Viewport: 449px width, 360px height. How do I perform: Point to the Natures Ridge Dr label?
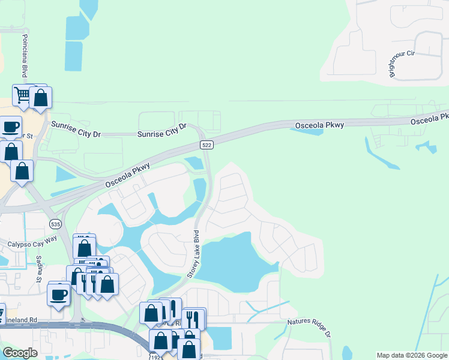pyautogui.click(x=309, y=331)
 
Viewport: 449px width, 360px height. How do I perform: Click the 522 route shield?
pyautogui.click(x=206, y=145)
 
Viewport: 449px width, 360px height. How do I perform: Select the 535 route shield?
pyautogui.click(x=55, y=224)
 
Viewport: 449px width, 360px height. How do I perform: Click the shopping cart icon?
pyautogui.click(x=22, y=95)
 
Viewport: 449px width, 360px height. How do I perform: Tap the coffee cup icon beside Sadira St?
pyautogui.click(x=59, y=295)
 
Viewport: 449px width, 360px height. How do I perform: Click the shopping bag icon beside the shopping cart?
pyautogui.click(x=40, y=98)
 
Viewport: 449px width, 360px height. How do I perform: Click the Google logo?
pyautogui.click(x=20, y=353)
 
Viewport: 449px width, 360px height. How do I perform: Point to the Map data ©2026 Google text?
pyautogui.click(x=411, y=355)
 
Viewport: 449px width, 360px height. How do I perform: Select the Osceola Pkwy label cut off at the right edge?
pyautogui.click(x=429, y=118)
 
